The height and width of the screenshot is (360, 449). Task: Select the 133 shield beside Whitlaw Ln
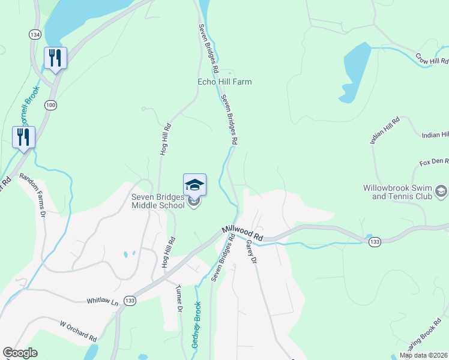(130, 299)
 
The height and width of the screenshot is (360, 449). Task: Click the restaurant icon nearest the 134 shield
(55, 59)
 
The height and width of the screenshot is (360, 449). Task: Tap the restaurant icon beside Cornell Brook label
(23, 137)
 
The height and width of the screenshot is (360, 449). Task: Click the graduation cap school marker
(194, 184)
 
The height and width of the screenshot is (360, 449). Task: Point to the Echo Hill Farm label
(224, 82)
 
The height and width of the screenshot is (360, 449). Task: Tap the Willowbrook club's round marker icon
(441, 191)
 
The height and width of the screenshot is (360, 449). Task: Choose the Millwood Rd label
(243, 232)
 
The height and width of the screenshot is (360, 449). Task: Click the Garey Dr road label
(251, 253)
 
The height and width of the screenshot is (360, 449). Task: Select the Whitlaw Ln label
(102, 301)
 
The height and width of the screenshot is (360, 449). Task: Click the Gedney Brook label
(195, 325)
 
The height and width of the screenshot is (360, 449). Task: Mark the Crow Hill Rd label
(432, 59)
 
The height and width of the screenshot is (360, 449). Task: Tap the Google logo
(20, 353)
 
